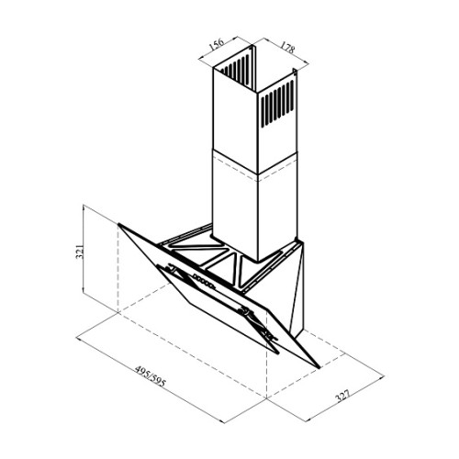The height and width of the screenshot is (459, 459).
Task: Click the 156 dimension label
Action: coord(217,45)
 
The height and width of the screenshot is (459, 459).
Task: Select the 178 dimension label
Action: coord(287,48)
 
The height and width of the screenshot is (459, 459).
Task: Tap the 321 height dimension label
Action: coord(79,252)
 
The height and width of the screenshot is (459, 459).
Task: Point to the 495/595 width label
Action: coord(151,378)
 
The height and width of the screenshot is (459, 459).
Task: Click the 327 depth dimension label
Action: coord(342,396)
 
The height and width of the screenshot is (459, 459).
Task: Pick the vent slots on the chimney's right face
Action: coord(277,103)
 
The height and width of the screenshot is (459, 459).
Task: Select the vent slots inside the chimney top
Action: coord(235,70)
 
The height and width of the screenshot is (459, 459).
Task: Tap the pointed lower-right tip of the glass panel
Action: coord(319,366)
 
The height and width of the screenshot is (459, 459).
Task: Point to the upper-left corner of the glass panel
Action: coord(118,224)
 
